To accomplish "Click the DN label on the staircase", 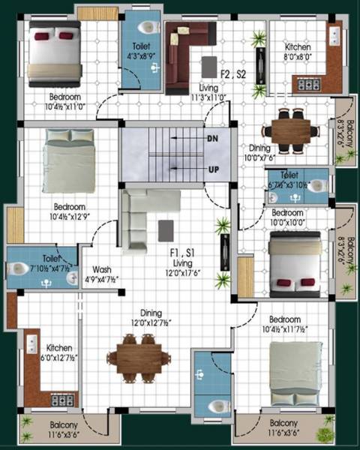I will (213, 139).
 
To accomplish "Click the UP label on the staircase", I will (213, 169).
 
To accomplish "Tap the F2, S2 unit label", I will (233, 74).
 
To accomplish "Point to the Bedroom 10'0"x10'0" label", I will (287, 217).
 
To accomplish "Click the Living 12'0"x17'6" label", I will (182, 268).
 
